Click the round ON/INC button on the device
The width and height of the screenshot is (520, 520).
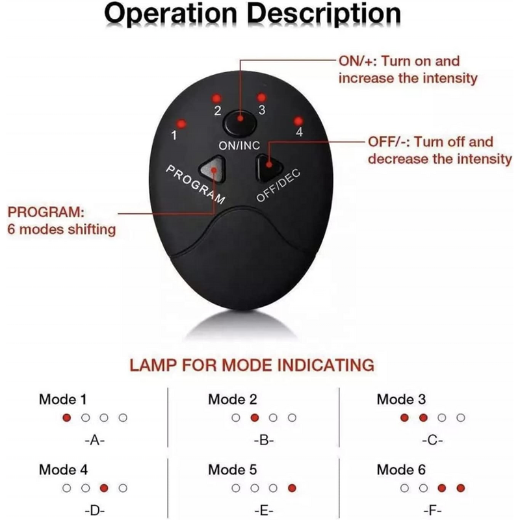[239, 121]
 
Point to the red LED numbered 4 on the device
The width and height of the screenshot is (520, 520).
[298, 121]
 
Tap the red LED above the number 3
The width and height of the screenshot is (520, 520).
[261, 97]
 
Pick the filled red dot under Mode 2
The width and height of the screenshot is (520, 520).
[254, 417]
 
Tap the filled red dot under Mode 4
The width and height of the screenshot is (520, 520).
[103, 487]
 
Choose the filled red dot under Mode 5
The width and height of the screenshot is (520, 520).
[292, 487]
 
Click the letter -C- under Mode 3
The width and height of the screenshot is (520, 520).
[432, 440]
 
